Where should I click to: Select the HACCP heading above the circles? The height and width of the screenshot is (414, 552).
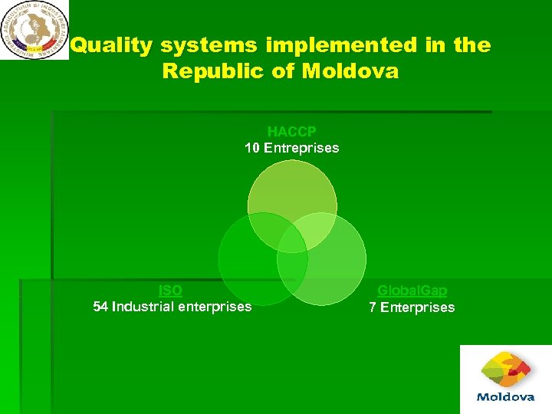[x=291, y=132]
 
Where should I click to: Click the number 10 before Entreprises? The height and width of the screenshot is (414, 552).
[x=252, y=148]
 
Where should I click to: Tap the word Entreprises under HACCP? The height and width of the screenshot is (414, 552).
[x=301, y=148]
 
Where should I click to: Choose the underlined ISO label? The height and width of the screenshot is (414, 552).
[x=170, y=291]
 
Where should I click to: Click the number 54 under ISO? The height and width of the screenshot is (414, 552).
[x=100, y=307]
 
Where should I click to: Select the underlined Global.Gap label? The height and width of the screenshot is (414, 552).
[x=412, y=291]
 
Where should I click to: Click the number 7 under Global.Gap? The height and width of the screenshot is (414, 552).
[x=373, y=307]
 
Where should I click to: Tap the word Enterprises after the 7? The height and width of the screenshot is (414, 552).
[x=417, y=307]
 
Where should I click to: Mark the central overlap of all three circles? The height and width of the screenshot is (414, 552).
[x=292, y=240]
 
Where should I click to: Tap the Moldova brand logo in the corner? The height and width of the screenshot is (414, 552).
[x=505, y=379]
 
